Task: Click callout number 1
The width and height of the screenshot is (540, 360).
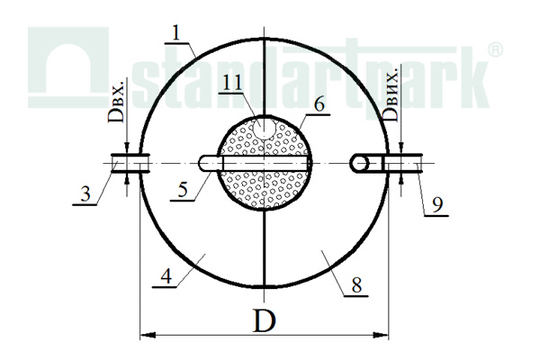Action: (176, 34)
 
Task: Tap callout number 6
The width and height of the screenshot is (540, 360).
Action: (319, 103)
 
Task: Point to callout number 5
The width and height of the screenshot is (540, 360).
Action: (183, 190)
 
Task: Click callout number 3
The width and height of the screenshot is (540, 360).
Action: (85, 194)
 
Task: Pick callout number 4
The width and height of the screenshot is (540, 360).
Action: (166, 276)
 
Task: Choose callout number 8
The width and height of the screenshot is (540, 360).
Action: (356, 285)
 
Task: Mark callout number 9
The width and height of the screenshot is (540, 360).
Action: (437, 206)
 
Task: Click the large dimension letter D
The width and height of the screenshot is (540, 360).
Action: (264, 320)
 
